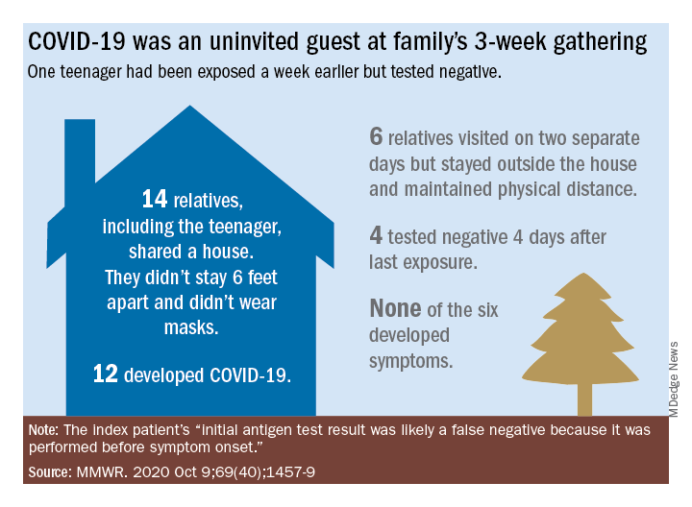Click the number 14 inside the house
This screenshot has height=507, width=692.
tap(154, 200)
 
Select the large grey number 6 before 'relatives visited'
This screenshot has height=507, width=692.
tap(376, 137)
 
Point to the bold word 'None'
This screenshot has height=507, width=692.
tap(395, 309)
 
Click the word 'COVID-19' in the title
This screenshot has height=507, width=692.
tap(74, 43)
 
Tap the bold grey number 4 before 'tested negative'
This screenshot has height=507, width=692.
tap(376, 236)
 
